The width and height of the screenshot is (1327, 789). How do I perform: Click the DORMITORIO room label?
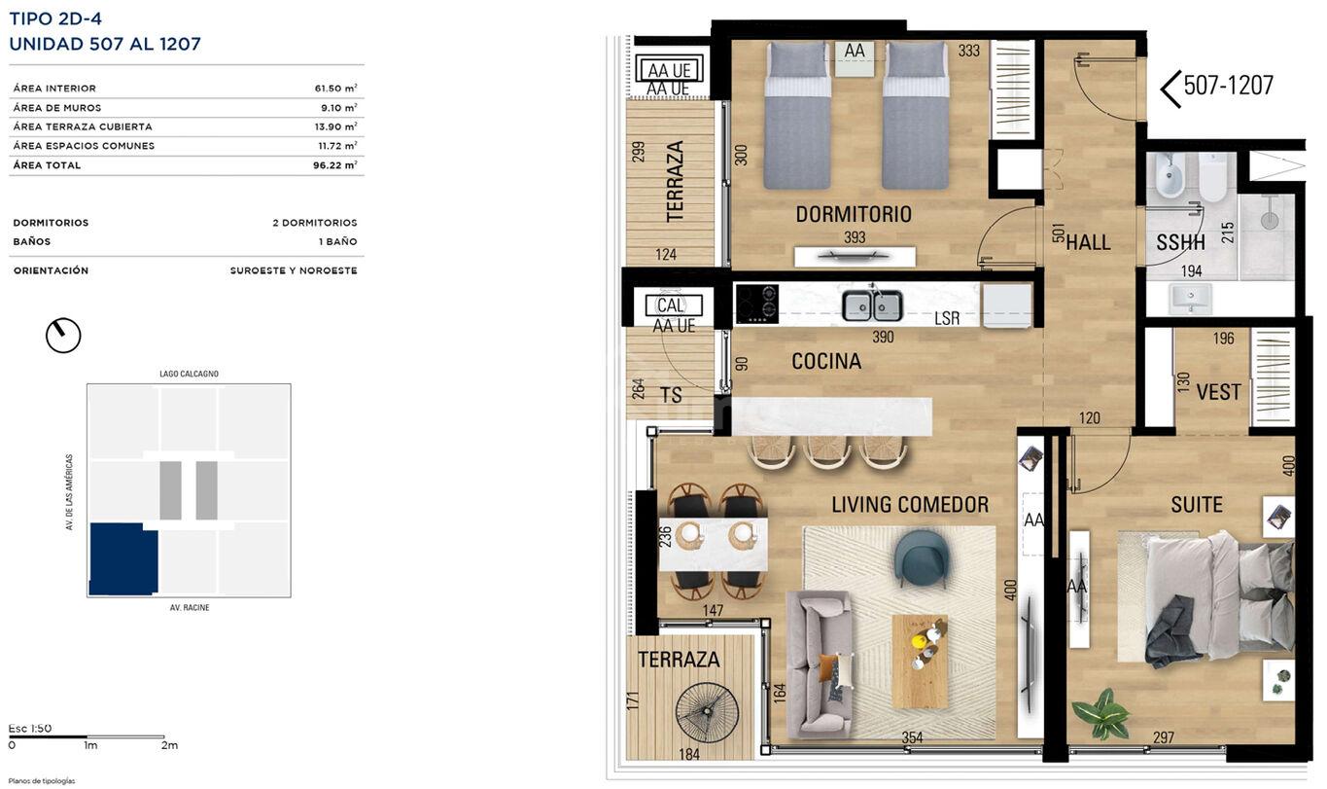pyautogui.click(x=854, y=215)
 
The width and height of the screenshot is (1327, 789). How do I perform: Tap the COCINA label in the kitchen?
pyautogui.click(x=826, y=362)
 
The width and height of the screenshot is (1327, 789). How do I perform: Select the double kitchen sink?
pyautogui.click(x=872, y=305)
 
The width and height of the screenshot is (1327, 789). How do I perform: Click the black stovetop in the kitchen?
pyautogui.click(x=757, y=305)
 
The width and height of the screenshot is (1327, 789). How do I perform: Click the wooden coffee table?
pyautogui.click(x=920, y=661)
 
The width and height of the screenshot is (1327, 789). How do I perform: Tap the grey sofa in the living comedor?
pyautogui.click(x=820, y=664)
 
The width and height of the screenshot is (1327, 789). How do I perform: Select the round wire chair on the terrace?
pyautogui.click(x=707, y=712)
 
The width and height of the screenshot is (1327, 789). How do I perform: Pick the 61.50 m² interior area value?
pyautogui.click(x=336, y=89)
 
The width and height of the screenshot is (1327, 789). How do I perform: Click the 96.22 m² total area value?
pyautogui.click(x=335, y=165)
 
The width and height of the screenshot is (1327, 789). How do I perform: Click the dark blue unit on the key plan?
pyautogui.click(x=123, y=559)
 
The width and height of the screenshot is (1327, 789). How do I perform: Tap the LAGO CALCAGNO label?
pyautogui.click(x=189, y=374)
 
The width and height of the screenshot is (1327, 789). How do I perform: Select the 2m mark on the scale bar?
pyautogui.click(x=169, y=745)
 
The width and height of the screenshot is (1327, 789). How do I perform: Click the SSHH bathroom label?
pyautogui.click(x=1180, y=242)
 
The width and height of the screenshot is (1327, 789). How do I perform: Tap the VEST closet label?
pyautogui.click(x=1218, y=392)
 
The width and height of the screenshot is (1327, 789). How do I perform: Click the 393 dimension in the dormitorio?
pyautogui.click(x=855, y=237)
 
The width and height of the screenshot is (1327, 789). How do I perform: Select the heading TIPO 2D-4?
pyautogui.click(x=55, y=18)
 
